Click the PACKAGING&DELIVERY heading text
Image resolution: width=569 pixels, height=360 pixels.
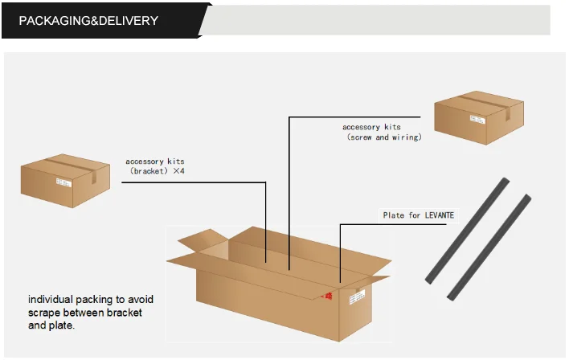tap(88, 20)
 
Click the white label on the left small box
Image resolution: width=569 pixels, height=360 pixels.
tap(63, 182)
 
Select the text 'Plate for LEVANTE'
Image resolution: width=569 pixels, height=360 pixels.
tap(417, 215)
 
